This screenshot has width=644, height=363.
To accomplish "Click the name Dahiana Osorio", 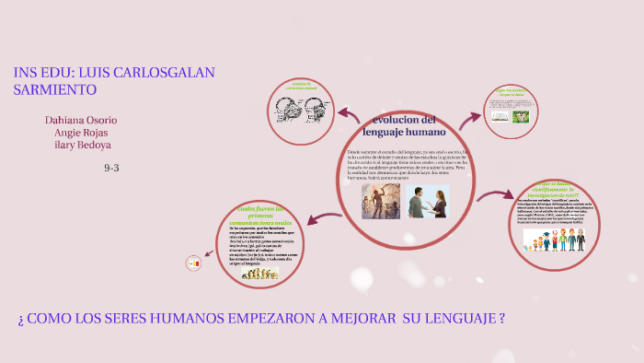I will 81,120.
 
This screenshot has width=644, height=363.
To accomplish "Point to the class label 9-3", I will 112,168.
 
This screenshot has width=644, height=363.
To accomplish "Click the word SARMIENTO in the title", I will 55,89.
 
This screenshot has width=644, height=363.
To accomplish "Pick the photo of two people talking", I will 429,201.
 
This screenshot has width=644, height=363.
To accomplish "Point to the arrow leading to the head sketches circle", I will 349,114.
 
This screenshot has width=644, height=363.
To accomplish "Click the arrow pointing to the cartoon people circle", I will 495,194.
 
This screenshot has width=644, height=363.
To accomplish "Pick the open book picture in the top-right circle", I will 499,116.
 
